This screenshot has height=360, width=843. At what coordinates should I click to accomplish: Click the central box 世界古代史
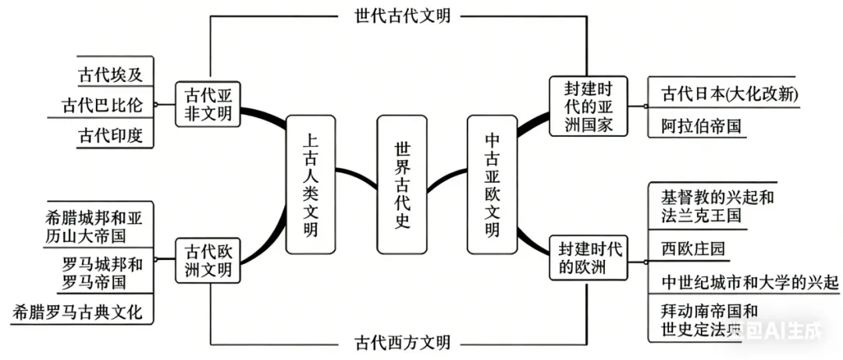coord(402,184)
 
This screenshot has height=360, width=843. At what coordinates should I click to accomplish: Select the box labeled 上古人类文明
coord(311,184)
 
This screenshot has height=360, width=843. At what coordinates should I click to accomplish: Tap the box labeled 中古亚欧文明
coord(493,184)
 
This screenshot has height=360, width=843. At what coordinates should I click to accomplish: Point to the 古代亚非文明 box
coord(208,105)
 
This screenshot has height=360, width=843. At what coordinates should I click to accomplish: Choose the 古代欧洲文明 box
coord(208,261)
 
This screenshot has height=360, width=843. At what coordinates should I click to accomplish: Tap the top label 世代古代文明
coord(397,16)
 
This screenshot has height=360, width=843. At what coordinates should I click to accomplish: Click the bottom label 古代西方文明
coord(397,343)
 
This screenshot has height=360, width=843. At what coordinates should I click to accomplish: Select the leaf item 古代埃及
coord(110,75)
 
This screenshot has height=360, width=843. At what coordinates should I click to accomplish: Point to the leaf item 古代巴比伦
coord(103,105)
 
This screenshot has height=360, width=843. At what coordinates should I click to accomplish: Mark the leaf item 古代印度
coord(110,135)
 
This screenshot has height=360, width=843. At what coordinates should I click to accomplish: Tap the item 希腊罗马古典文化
coord(78,312)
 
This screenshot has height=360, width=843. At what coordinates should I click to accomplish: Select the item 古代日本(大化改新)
coord(729,94)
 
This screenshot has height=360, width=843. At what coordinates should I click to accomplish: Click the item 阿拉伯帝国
coord(700,126)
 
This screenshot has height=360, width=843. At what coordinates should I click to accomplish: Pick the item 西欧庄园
coord(692,248)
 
